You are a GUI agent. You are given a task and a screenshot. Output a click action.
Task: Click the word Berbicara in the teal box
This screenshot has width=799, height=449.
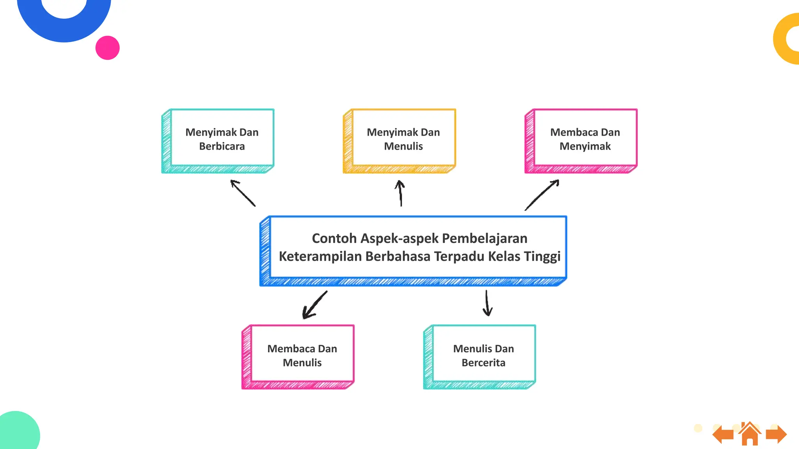tap(222, 146)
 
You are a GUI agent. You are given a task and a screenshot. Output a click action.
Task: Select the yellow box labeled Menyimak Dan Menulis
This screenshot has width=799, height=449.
tap(403, 139)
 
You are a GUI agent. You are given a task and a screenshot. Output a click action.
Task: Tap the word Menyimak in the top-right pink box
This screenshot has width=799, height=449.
tap(585, 146)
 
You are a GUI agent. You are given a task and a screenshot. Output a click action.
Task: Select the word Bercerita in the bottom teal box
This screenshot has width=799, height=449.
tap(483, 362)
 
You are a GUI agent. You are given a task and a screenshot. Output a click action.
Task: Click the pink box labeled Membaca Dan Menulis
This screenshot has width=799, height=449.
tap(302, 355)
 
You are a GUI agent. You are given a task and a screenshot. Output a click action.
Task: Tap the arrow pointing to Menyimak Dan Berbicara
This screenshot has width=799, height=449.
tap(243, 193)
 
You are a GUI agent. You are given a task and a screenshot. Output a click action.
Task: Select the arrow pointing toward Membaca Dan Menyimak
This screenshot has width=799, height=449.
tap(542, 194)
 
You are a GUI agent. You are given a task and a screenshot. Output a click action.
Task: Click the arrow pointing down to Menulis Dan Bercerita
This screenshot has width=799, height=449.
tap(487, 303)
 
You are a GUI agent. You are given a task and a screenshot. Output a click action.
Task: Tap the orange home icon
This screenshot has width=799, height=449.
tap(749, 434)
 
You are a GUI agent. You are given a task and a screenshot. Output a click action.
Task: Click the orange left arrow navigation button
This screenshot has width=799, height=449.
tap(724, 434)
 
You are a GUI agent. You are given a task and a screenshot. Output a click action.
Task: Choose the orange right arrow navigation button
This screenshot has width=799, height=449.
tap(776, 434)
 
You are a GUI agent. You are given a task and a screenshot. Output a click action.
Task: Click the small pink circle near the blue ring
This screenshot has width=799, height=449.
tap(107, 48)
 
